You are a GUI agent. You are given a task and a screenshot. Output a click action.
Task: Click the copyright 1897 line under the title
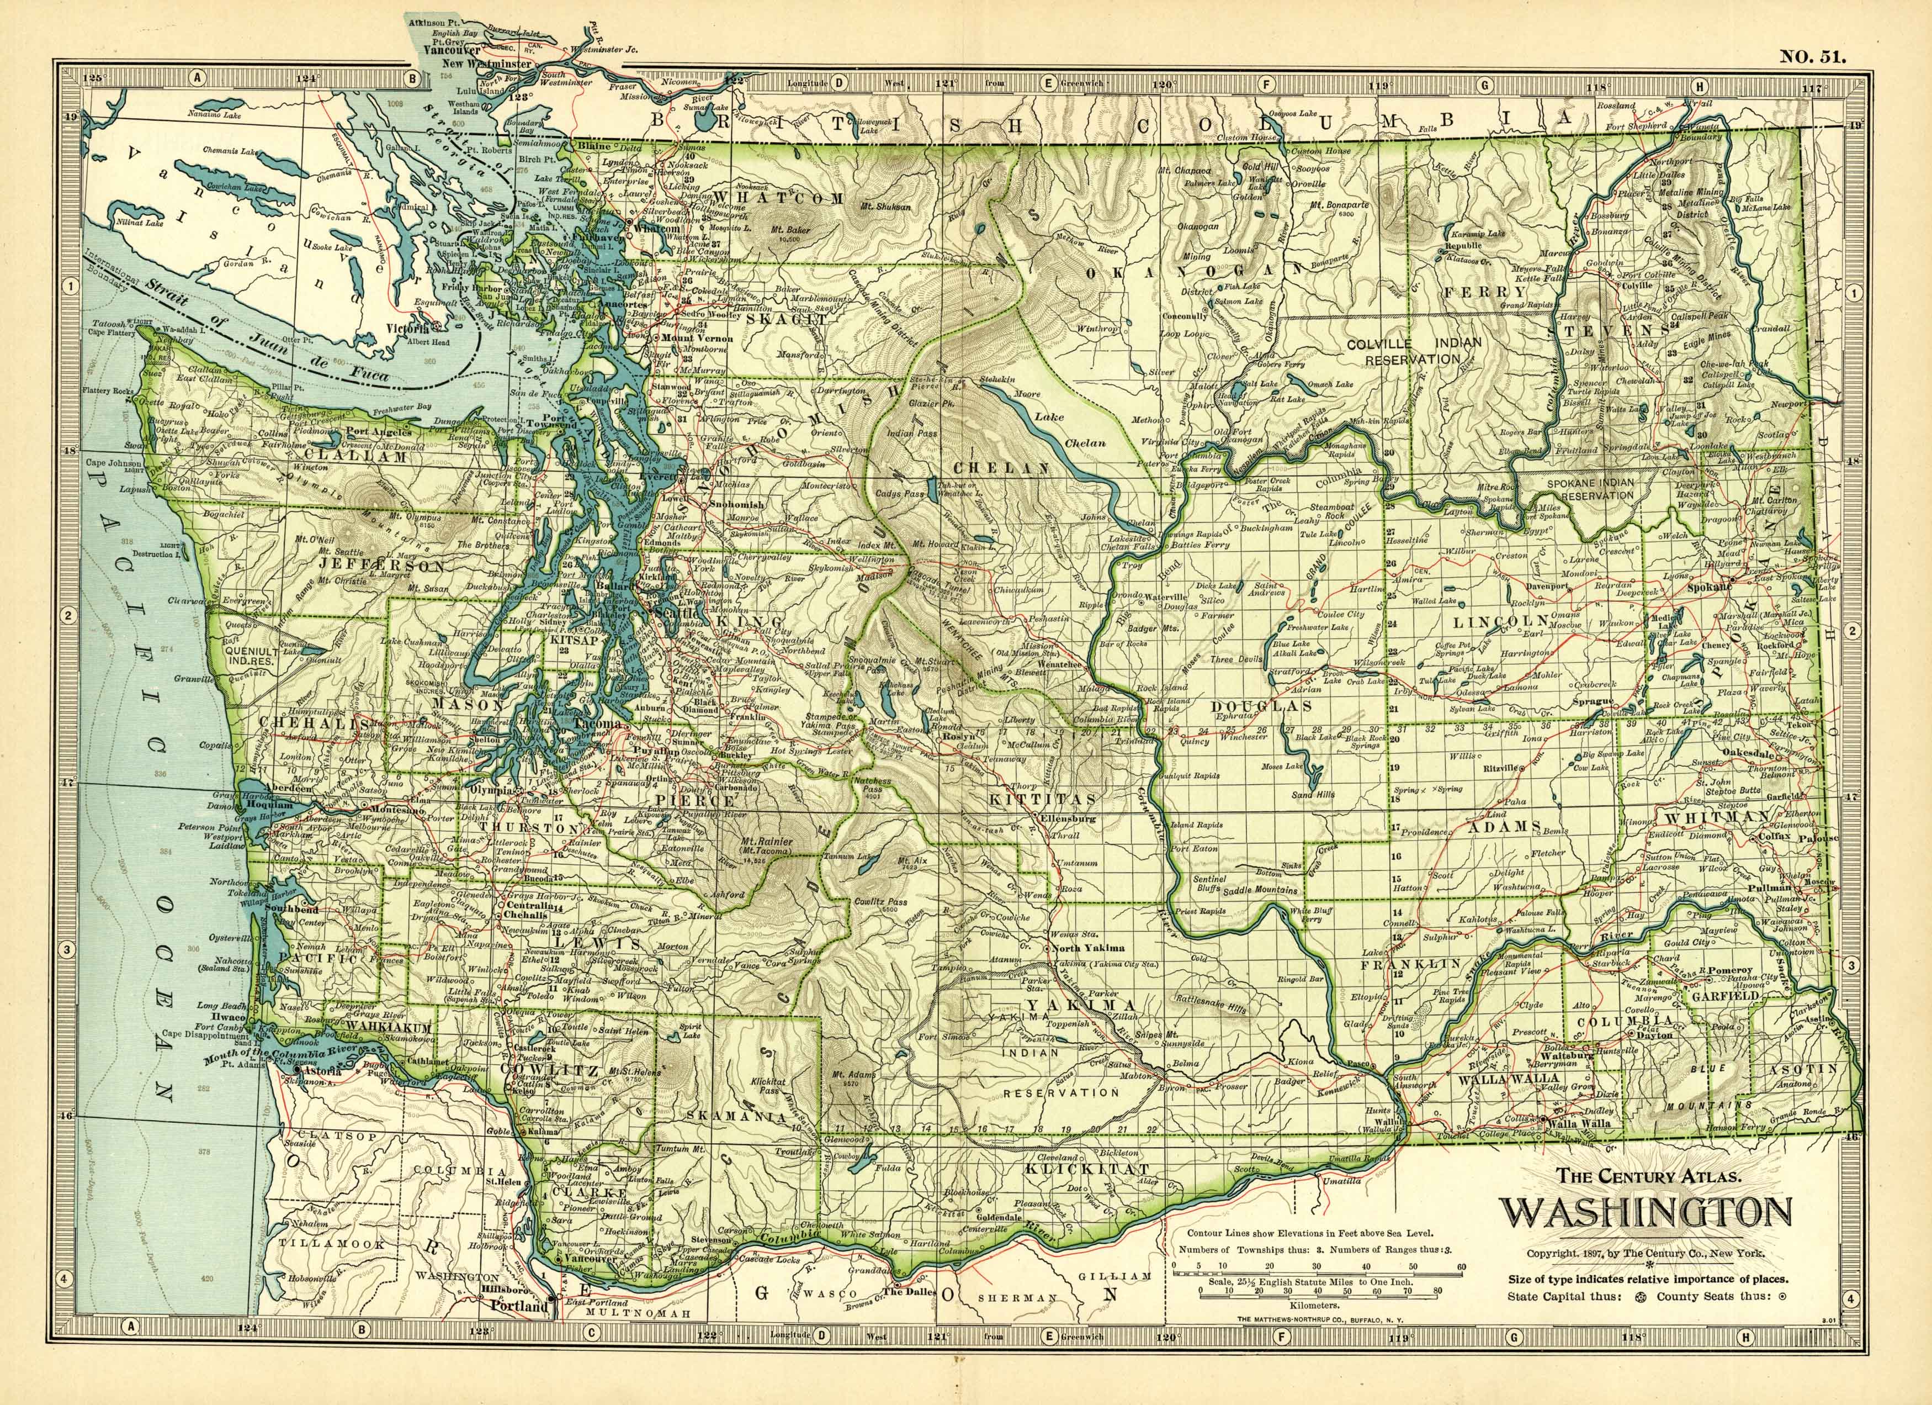(x=1645, y=1253)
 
